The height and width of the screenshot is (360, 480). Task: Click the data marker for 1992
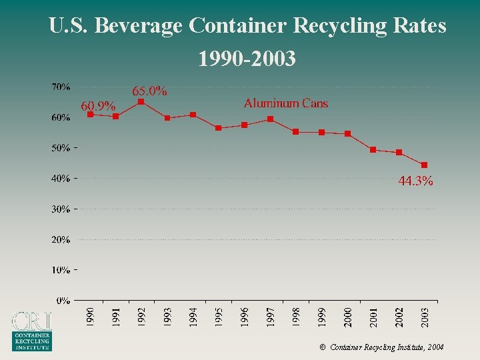coord(141,102)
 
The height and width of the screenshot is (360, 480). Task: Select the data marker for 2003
coord(424,165)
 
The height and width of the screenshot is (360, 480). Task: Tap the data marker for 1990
coord(90,115)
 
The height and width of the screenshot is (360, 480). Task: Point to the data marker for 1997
coord(270,119)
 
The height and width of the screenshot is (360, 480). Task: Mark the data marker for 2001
coord(373,149)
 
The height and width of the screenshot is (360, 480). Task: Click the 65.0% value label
coord(149,91)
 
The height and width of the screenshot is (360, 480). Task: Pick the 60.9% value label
coord(98,106)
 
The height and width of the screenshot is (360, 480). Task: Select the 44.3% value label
coord(415,181)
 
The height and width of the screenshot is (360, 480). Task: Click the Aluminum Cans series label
coord(286,103)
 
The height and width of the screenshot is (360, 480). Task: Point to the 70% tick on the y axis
coord(62,87)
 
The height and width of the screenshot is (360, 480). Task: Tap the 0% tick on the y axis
coord(63,301)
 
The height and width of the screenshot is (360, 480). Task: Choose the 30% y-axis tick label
coord(62,209)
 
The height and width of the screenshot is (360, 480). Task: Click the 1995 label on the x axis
coord(219,317)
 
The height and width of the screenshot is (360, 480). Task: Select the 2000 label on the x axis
coord(347,317)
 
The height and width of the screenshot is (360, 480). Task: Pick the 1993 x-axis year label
coord(167,317)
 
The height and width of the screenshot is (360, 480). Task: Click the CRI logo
coord(31,331)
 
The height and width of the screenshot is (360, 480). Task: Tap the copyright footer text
coord(381,347)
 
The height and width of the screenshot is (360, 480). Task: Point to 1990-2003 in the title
coord(247,60)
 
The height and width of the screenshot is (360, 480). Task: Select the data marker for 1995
coord(219,128)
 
